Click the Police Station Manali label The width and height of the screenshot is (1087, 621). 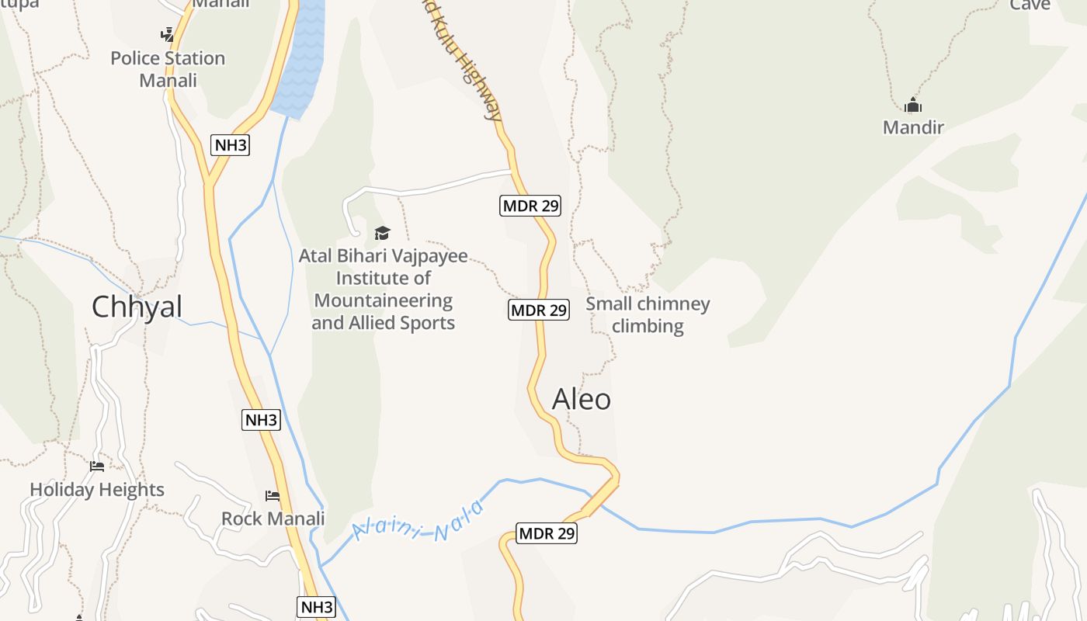click(168, 69)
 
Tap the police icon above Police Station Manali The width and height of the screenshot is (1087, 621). click(168, 34)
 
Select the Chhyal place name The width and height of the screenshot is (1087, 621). click(137, 307)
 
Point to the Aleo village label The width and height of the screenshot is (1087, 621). click(582, 399)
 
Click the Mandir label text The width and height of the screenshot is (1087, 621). click(913, 127)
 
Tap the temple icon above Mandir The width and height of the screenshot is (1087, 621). click(913, 105)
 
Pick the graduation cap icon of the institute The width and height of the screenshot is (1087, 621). click(382, 233)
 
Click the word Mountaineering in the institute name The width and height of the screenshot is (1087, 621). click(383, 300)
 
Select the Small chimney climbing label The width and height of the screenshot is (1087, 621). click(648, 314)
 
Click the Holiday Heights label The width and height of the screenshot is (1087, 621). click(97, 490)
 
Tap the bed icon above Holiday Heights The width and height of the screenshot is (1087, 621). click(97, 466)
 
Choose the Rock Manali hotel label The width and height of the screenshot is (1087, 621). click(273, 519)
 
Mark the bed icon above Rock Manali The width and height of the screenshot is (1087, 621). click(273, 495)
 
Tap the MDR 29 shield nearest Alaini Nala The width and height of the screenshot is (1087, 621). click(547, 533)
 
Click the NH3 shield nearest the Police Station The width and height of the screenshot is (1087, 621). click(231, 145)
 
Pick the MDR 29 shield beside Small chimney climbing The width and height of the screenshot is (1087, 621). click(540, 310)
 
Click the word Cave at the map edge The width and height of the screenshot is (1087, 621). click(1030, 5)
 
